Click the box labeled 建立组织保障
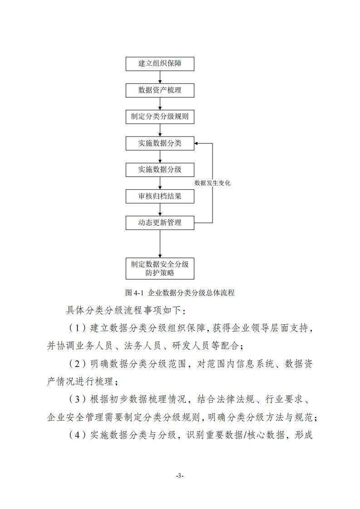pyautogui.click(x=160, y=64)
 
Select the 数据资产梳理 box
pyautogui.click(x=160, y=90)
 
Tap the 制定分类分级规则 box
pyautogui.click(x=160, y=117)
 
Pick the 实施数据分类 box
pyautogui.click(x=160, y=143)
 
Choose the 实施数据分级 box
pyautogui.click(x=160, y=170)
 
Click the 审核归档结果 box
pyautogui.click(x=160, y=196)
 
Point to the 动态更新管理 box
pyautogui.click(x=160, y=223)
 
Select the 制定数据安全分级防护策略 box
pyautogui.click(x=160, y=269)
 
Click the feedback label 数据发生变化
pyautogui.click(x=212, y=183)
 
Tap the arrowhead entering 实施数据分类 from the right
pyautogui.click(x=196, y=143)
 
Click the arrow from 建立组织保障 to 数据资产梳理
pyautogui.click(x=160, y=77)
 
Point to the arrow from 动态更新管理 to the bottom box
pyautogui.click(x=160, y=244)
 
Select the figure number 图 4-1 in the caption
pyautogui.click(x=134, y=293)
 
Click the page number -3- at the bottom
pyautogui.click(x=180, y=476)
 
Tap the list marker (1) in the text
pyautogui.click(x=77, y=328)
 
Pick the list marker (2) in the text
pyautogui.click(x=77, y=363)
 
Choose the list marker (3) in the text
pyautogui.click(x=77, y=399)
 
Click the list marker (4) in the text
pyautogui.click(x=77, y=435)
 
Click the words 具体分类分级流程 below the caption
pyautogui.click(x=104, y=310)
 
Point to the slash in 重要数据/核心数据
pyautogui.click(x=245, y=435)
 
